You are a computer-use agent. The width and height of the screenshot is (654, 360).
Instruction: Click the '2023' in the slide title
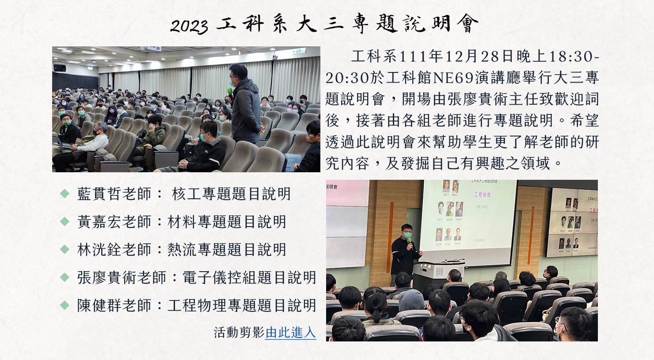(189, 26)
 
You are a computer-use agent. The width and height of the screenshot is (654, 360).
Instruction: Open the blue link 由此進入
(290, 333)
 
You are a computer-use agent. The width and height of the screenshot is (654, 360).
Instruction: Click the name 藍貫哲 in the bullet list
(99, 194)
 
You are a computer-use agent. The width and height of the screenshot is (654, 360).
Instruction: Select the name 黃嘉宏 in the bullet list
(99, 222)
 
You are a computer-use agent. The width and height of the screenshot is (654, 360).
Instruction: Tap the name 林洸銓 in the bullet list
(99, 250)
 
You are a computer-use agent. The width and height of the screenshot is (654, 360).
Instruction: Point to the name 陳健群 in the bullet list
(99, 305)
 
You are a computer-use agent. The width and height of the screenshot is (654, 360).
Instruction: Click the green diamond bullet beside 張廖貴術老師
(65, 277)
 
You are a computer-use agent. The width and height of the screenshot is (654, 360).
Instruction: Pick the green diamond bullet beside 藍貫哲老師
(65, 194)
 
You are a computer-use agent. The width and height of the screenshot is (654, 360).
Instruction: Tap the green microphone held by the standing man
(230, 91)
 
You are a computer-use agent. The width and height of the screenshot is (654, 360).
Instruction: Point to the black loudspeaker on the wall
(60, 68)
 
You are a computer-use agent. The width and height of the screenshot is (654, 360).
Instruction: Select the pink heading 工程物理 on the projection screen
(482, 195)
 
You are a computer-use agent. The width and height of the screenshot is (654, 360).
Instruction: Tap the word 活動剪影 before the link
(239, 333)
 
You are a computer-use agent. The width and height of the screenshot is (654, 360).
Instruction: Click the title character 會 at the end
(468, 23)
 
